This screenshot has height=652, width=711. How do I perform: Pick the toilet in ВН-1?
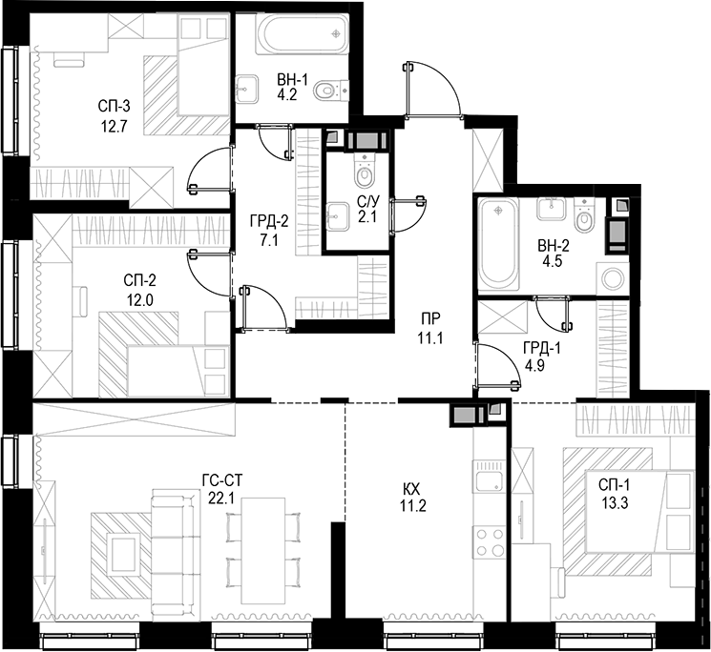click(329, 91)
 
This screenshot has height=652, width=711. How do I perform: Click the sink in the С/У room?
click(338, 214)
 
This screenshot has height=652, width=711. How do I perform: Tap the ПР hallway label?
click(431, 318)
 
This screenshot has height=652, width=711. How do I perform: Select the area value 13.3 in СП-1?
click(614, 504)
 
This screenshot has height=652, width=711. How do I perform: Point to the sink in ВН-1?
click(250, 87)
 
